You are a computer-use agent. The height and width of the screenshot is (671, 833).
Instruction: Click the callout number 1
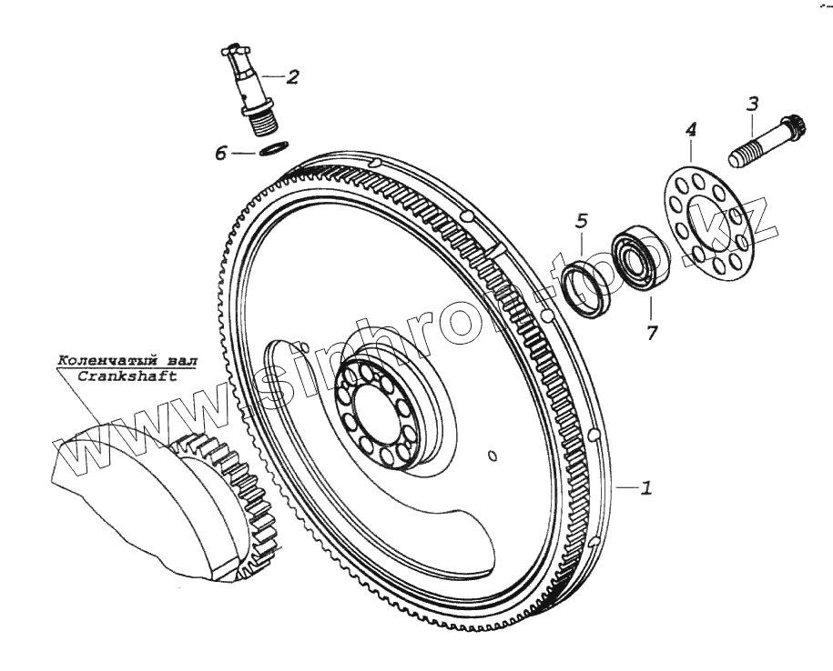[645, 487]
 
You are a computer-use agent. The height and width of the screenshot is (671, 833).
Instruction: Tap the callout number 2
[292, 77]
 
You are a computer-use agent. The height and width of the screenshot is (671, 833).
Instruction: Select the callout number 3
[753, 104]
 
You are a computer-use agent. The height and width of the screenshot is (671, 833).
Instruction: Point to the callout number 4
[691, 130]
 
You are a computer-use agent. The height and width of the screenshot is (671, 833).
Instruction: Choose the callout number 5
[582, 221]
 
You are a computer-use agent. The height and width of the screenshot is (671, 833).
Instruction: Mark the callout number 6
[221, 154]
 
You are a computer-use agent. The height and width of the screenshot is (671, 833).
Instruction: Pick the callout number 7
[651, 333]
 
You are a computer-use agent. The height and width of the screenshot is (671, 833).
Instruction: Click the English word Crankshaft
[127, 376]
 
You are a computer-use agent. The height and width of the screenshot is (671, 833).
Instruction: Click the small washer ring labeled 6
[274, 147]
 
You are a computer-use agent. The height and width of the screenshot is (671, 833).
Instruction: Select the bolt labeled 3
[767, 142]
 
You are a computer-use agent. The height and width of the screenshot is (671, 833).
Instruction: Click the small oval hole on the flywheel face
[493, 456]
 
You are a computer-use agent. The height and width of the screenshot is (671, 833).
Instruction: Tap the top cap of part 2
[234, 49]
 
